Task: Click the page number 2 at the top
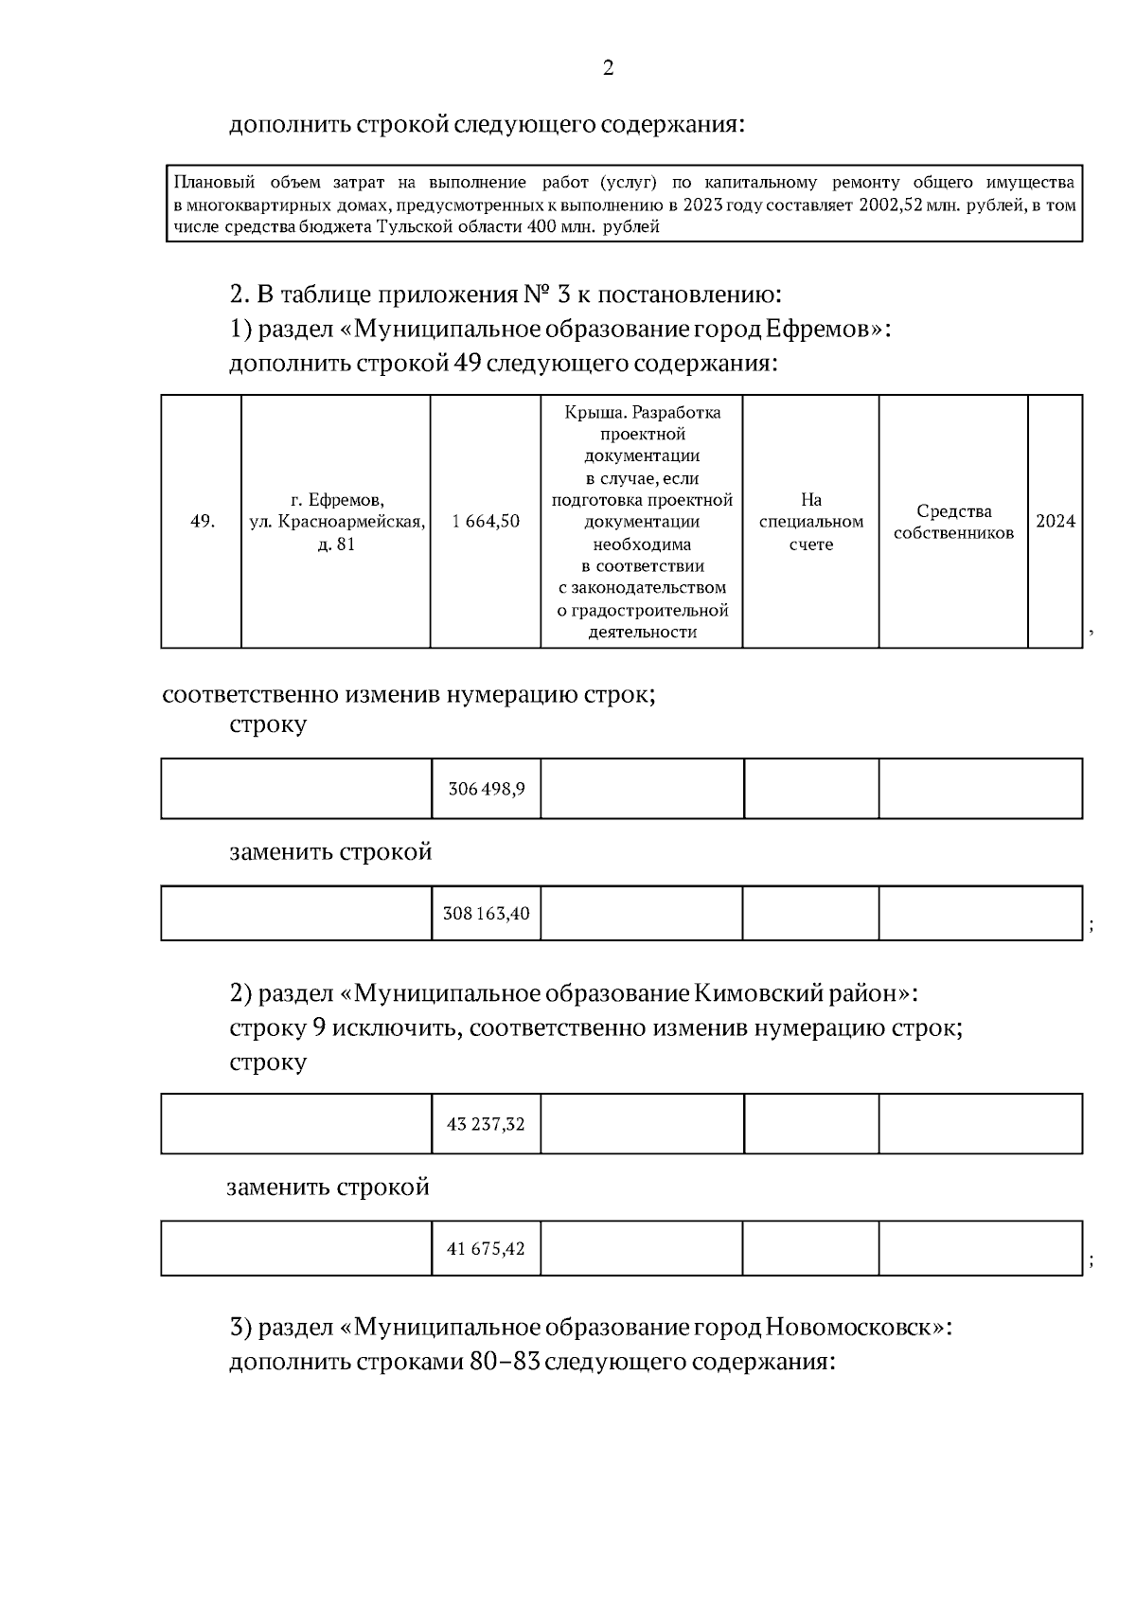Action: point(608,68)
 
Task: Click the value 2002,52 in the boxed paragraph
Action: point(895,205)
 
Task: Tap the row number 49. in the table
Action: point(202,522)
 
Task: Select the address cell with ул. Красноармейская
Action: point(336,522)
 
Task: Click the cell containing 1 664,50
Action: point(486,522)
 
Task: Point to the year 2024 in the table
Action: point(1055,522)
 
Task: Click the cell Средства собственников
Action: point(953,522)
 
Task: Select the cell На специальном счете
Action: point(810,522)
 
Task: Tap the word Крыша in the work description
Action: point(593,413)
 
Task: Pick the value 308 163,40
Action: point(486,914)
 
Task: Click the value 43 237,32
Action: point(486,1125)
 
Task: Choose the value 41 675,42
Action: point(486,1249)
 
